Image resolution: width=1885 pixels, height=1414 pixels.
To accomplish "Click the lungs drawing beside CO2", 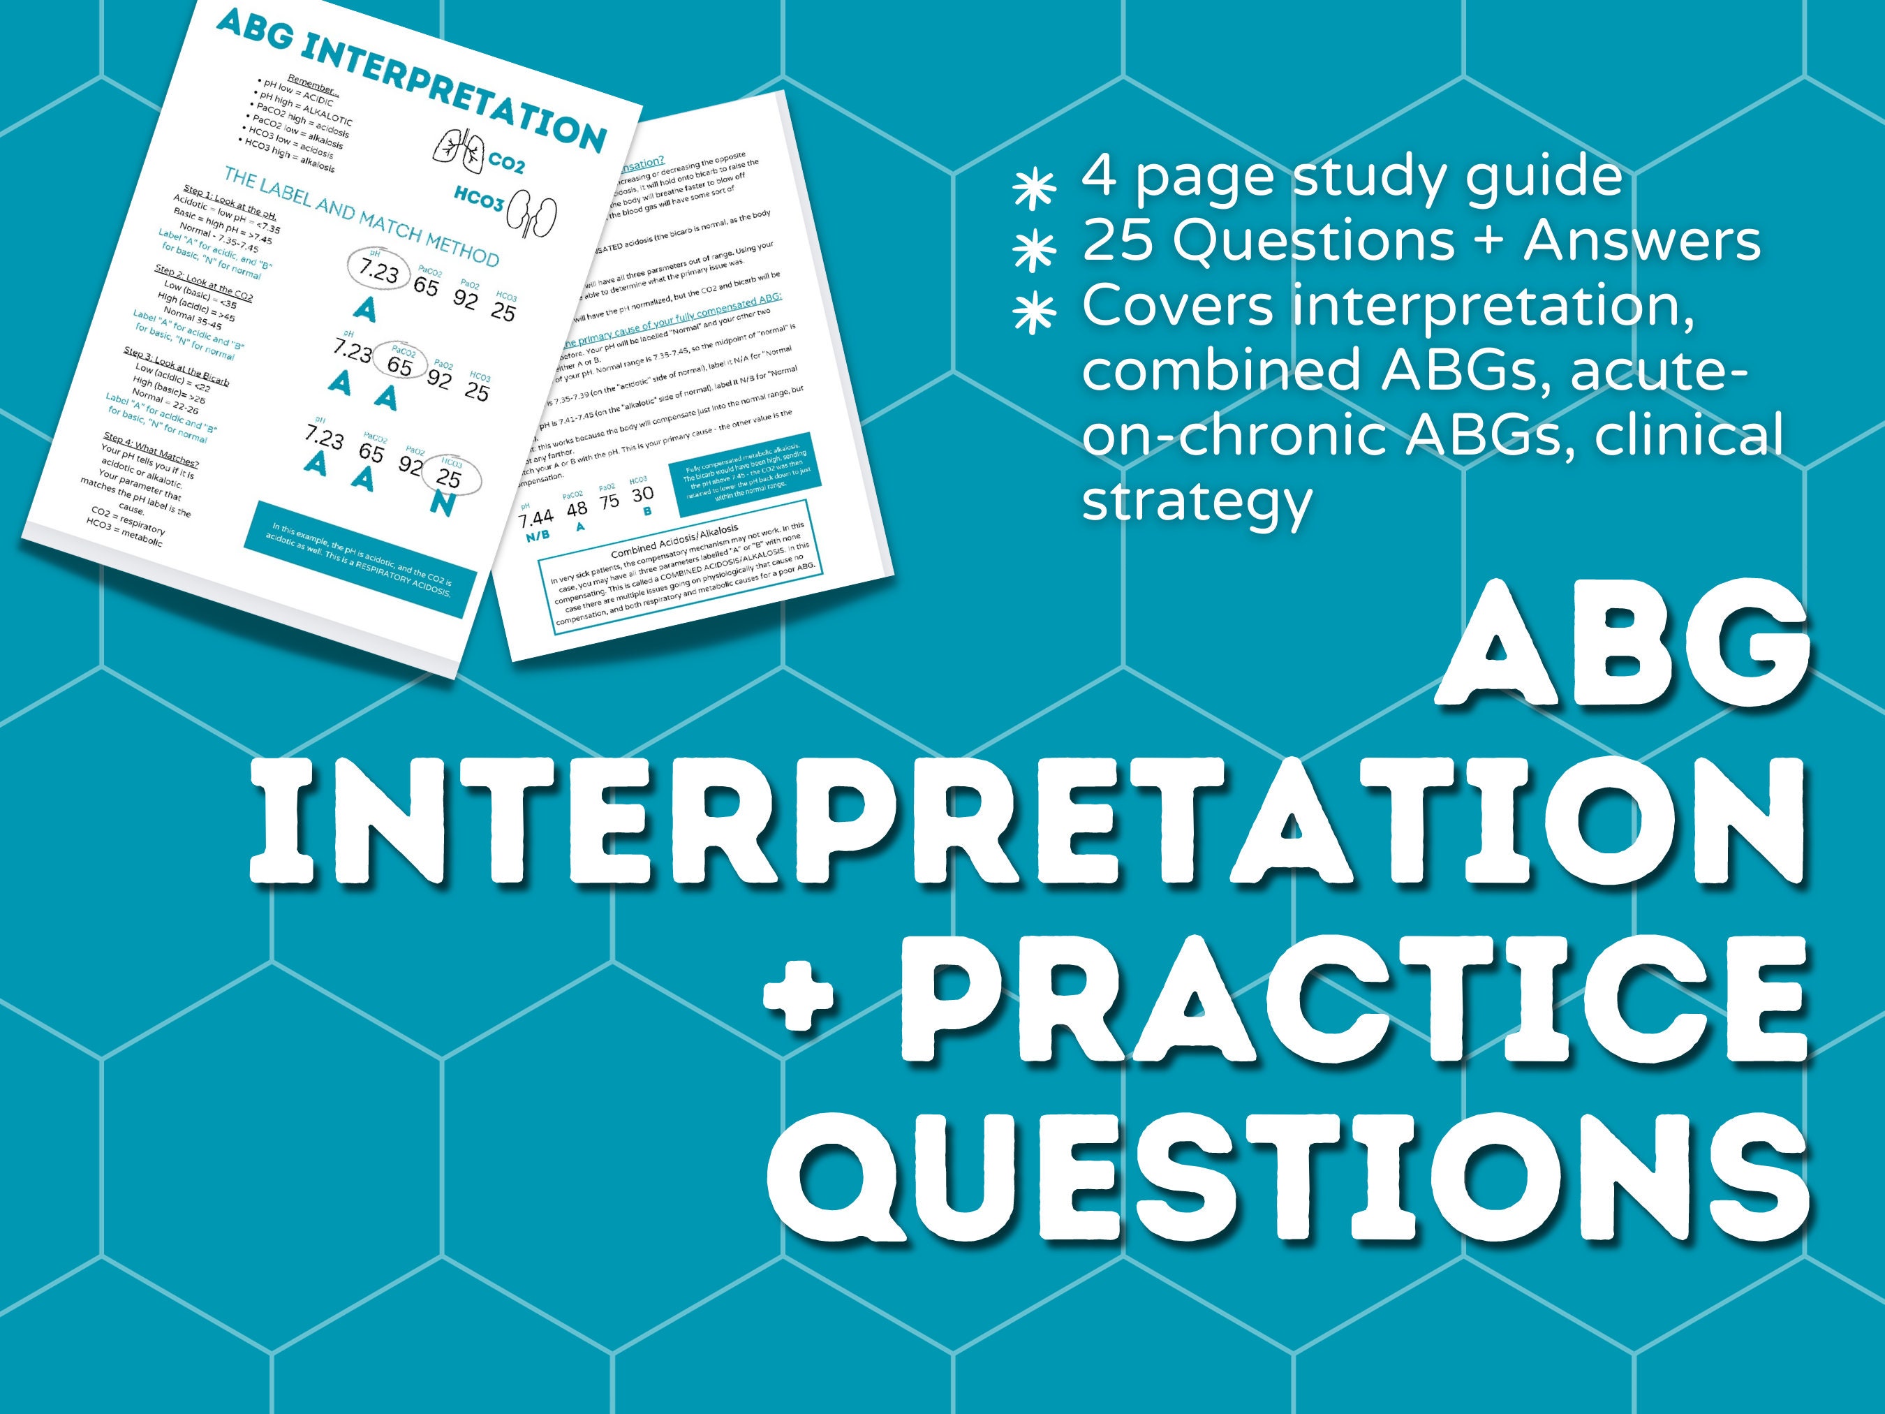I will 457,147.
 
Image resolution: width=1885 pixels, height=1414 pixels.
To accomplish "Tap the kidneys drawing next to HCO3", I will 533,216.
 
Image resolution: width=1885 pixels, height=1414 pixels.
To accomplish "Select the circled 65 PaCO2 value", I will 399,362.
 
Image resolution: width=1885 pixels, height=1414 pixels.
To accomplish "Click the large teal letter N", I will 442,503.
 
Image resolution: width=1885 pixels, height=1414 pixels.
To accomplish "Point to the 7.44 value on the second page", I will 536,517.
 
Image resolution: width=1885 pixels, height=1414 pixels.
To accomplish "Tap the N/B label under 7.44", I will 538,536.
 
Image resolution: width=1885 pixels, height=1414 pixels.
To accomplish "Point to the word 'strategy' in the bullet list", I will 1197,502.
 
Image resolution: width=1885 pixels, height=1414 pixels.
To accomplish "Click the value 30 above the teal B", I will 642,494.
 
